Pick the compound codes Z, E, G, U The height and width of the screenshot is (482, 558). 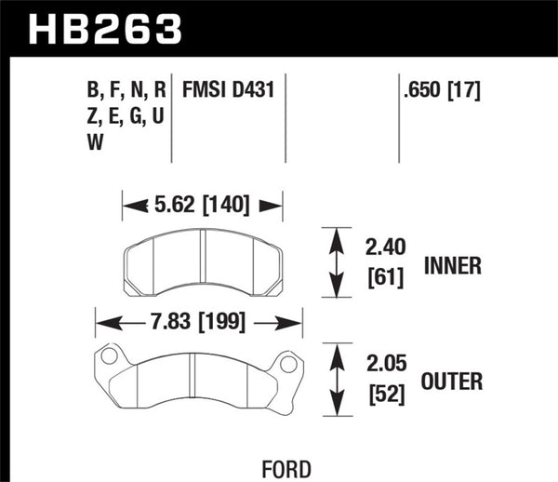(x=126, y=117)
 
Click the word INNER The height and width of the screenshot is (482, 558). (x=453, y=265)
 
